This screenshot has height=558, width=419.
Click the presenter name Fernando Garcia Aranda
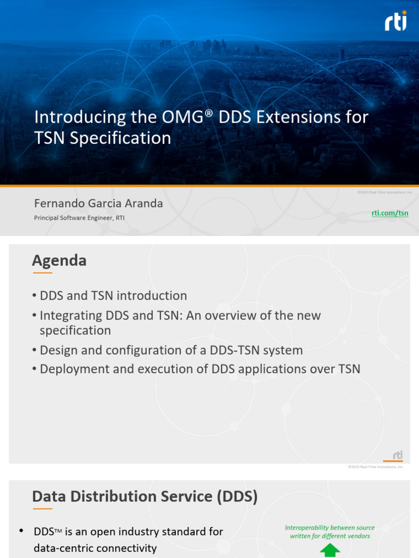pyautogui.click(x=98, y=204)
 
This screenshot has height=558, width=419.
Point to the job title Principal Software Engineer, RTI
pyautogui.click(x=83, y=218)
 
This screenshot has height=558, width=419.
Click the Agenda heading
pyautogui.click(x=59, y=260)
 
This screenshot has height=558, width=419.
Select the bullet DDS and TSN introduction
pyautogui.click(x=113, y=296)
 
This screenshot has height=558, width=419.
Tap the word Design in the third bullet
pyautogui.click(x=58, y=350)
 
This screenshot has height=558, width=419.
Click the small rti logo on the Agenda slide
pyautogui.click(x=397, y=456)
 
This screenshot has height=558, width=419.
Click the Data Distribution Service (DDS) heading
pyautogui.click(x=145, y=496)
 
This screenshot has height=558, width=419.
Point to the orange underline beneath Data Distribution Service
pyautogui.click(x=42, y=509)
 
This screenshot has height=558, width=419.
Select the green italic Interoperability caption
pyautogui.click(x=330, y=532)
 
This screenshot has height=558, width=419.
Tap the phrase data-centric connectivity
pyautogui.click(x=95, y=548)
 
